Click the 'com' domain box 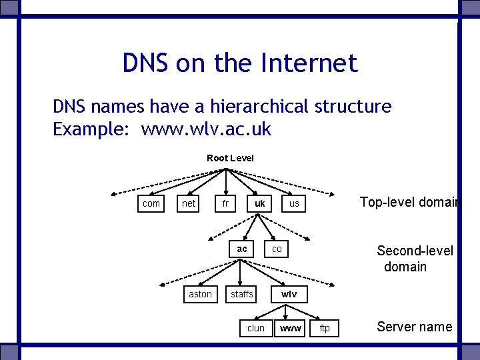click(x=151, y=203)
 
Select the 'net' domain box click(x=189, y=203)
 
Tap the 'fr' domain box click(x=225, y=203)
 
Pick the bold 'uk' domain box click(x=259, y=203)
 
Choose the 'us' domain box click(x=294, y=203)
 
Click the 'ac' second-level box click(x=242, y=249)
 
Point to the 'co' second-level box click(x=277, y=249)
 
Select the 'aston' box click(x=200, y=294)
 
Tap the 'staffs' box click(x=242, y=294)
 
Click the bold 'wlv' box click(x=289, y=294)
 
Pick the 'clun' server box click(x=256, y=328)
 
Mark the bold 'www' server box click(x=291, y=328)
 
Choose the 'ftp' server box click(x=325, y=328)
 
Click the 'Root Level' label click(x=230, y=158)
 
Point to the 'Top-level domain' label click(x=409, y=202)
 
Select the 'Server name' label click(x=414, y=327)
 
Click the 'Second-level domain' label click(x=414, y=259)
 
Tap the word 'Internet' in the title click(x=310, y=63)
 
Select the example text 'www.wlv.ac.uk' click(x=206, y=129)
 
